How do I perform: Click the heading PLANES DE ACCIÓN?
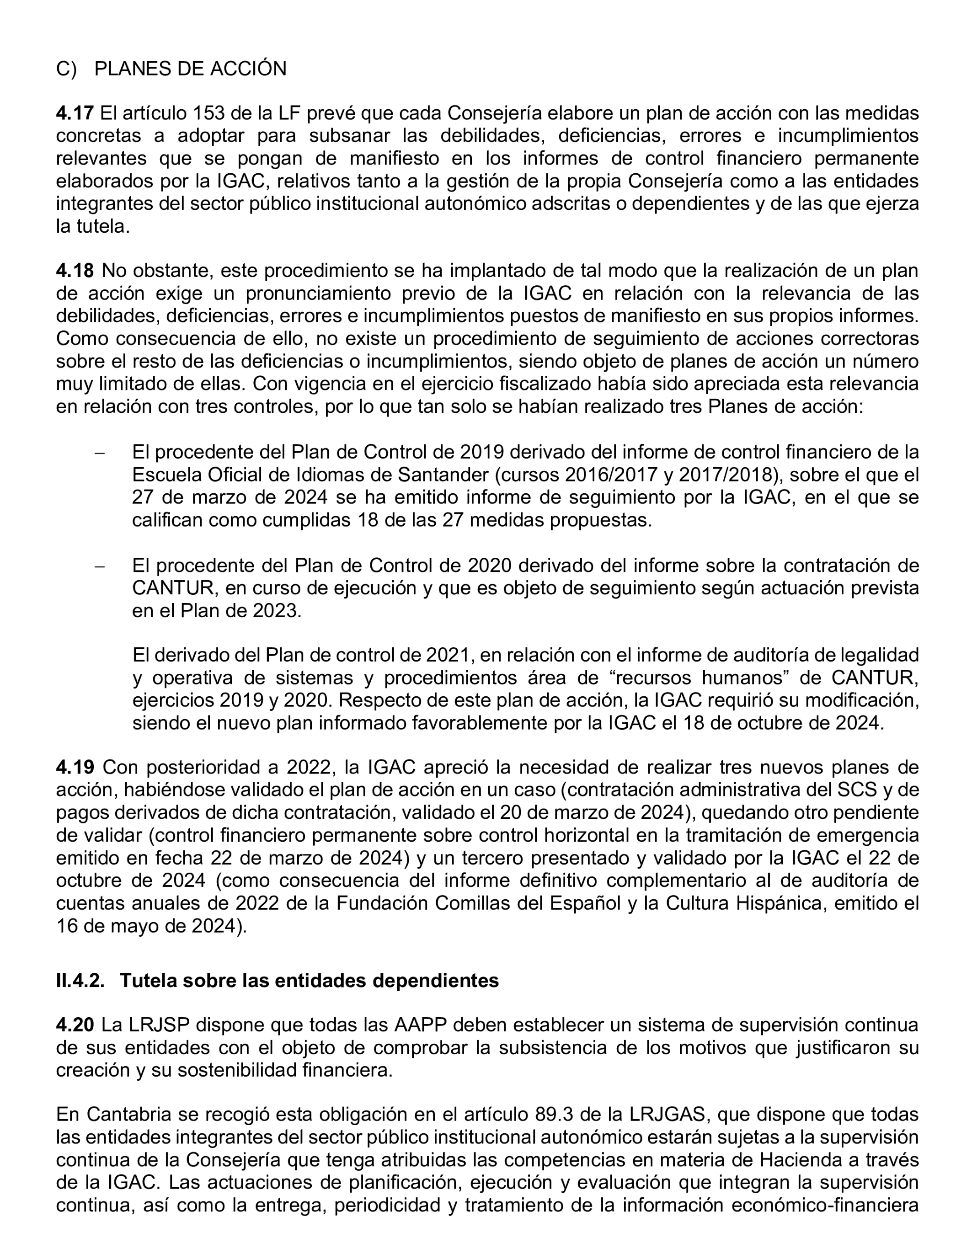coord(190,69)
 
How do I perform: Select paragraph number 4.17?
coord(75,113)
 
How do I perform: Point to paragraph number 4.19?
coord(75,767)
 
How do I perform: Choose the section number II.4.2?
coord(80,980)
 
